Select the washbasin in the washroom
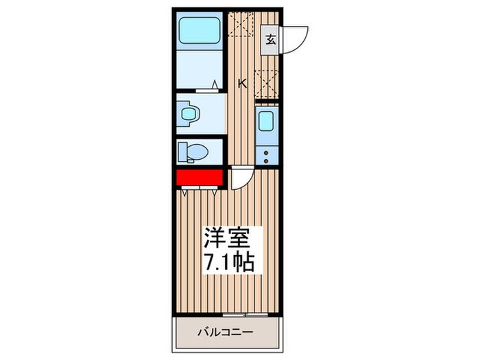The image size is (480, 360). [186, 113]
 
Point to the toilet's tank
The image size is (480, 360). [182, 151]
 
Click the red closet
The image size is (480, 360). [200, 178]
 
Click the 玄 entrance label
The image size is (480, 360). [270, 39]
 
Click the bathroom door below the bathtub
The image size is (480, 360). [206, 88]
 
